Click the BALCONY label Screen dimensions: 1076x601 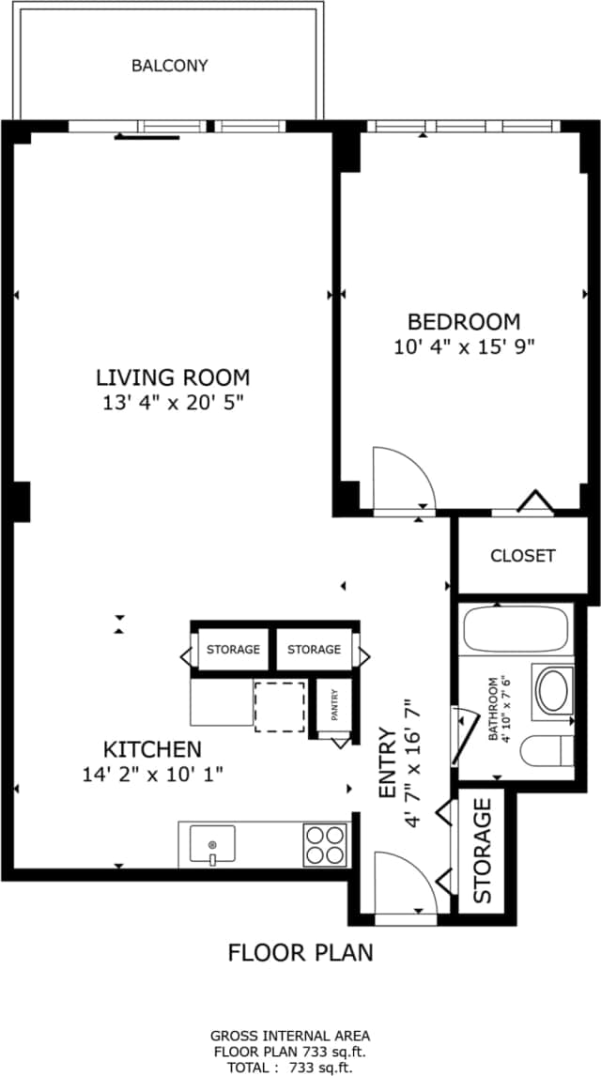coord(169,66)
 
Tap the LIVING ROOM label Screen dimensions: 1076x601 coord(173,377)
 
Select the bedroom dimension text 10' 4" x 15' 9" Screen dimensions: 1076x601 coord(464,346)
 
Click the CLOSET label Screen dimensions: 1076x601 coord(522,555)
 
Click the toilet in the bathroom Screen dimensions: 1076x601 coord(547,751)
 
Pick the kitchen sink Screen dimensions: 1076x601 coord(212,843)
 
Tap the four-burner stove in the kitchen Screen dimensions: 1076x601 coord(325,843)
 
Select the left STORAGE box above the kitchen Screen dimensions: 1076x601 coord(233,650)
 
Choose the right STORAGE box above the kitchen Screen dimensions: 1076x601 coord(314,650)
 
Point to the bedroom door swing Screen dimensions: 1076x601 coord(402,481)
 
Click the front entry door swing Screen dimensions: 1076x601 coord(404,883)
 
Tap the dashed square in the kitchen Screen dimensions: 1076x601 coord(280,706)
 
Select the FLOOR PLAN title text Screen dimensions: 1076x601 coord(300,952)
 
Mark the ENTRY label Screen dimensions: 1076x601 coord(387,763)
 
